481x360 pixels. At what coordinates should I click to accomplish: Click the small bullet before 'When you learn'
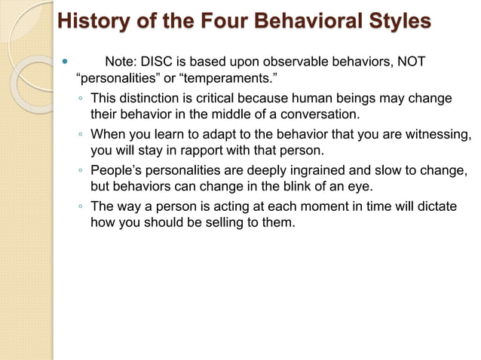(x=81, y=136)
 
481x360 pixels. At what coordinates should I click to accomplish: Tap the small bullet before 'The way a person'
(x=81, y=206)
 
